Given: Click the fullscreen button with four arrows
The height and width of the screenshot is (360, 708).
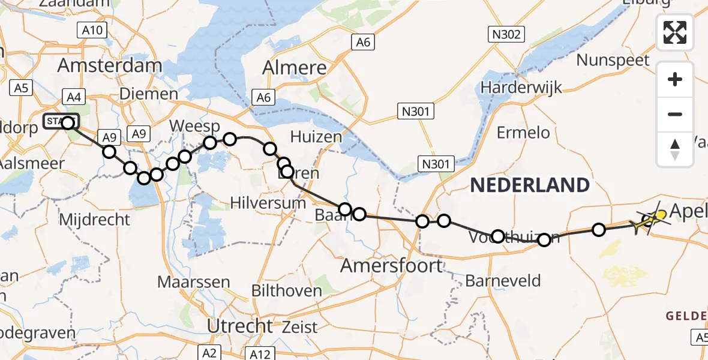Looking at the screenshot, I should pos(675,32).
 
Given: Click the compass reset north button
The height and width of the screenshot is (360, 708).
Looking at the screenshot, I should pos(675,149).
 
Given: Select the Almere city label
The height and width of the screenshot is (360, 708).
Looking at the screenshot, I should pos(295,67).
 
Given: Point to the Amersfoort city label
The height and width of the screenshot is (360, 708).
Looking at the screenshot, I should pos(392,265).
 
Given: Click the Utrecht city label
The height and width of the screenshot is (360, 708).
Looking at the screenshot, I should pos(240,326).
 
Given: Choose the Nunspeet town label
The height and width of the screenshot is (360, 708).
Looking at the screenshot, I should pos(613,60).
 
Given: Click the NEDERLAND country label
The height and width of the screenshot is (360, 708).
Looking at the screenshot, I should pos(530,185).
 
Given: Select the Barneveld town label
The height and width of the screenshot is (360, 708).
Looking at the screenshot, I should pos(503,280).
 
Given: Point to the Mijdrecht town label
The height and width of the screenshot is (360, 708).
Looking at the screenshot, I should pos(94,219).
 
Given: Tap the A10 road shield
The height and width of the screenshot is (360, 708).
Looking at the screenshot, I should pos(92,30).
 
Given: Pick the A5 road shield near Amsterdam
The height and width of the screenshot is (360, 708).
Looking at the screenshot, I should pos(21,88).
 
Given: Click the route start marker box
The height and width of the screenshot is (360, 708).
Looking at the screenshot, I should pos(61,122).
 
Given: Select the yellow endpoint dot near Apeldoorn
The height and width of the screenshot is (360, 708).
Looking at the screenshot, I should pos(661,214).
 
